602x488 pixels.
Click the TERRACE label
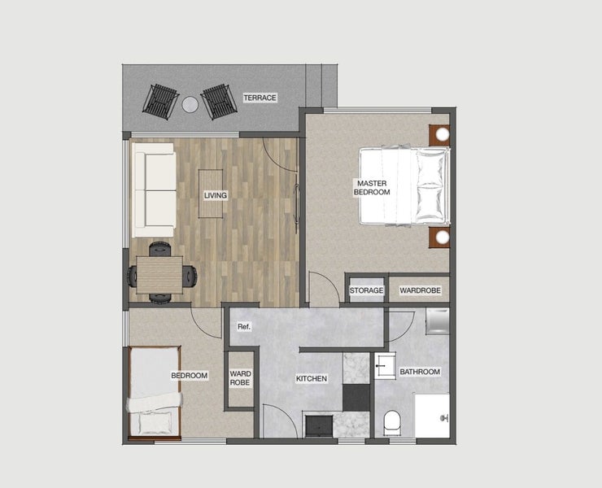[x=260, y=98]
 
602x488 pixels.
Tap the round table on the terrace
[x=190, y=104]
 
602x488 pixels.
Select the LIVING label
[x=216, y=195]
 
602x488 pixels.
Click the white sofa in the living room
[x=155, y=190]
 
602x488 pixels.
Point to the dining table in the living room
[x=159, y=275]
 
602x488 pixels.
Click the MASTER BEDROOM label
[x=372, y=188]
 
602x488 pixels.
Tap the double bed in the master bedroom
[x=404, y=185]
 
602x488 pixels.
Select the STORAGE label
[x=366, y=290]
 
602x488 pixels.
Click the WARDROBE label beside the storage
[x=420, y=290]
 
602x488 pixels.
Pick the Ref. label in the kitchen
[x=244, y=327]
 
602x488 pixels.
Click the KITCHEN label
[x=312, y=378]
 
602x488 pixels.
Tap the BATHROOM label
[x=420, y=372]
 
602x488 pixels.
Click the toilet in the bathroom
[x=392, y=423]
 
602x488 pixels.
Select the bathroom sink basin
[x=385, y=366]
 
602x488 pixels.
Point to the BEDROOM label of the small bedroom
[x=190, y=376]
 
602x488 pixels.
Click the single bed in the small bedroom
[x=155, y=392]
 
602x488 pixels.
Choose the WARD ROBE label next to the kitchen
[x=240, y=378]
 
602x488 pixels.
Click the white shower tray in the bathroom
[x=432, y=416]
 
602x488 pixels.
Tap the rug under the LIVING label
[x=211, y=194]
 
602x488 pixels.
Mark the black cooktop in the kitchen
[x=356, y=398]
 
